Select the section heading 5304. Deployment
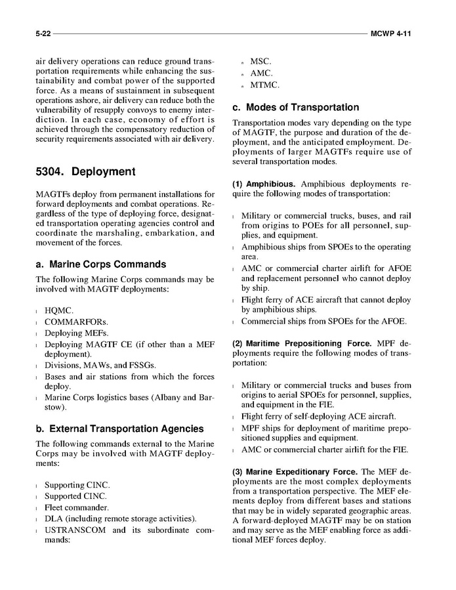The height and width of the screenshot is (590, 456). coord(85,172)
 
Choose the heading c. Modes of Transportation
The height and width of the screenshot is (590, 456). coord(295,108)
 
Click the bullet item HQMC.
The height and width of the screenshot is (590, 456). coord(59,310)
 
